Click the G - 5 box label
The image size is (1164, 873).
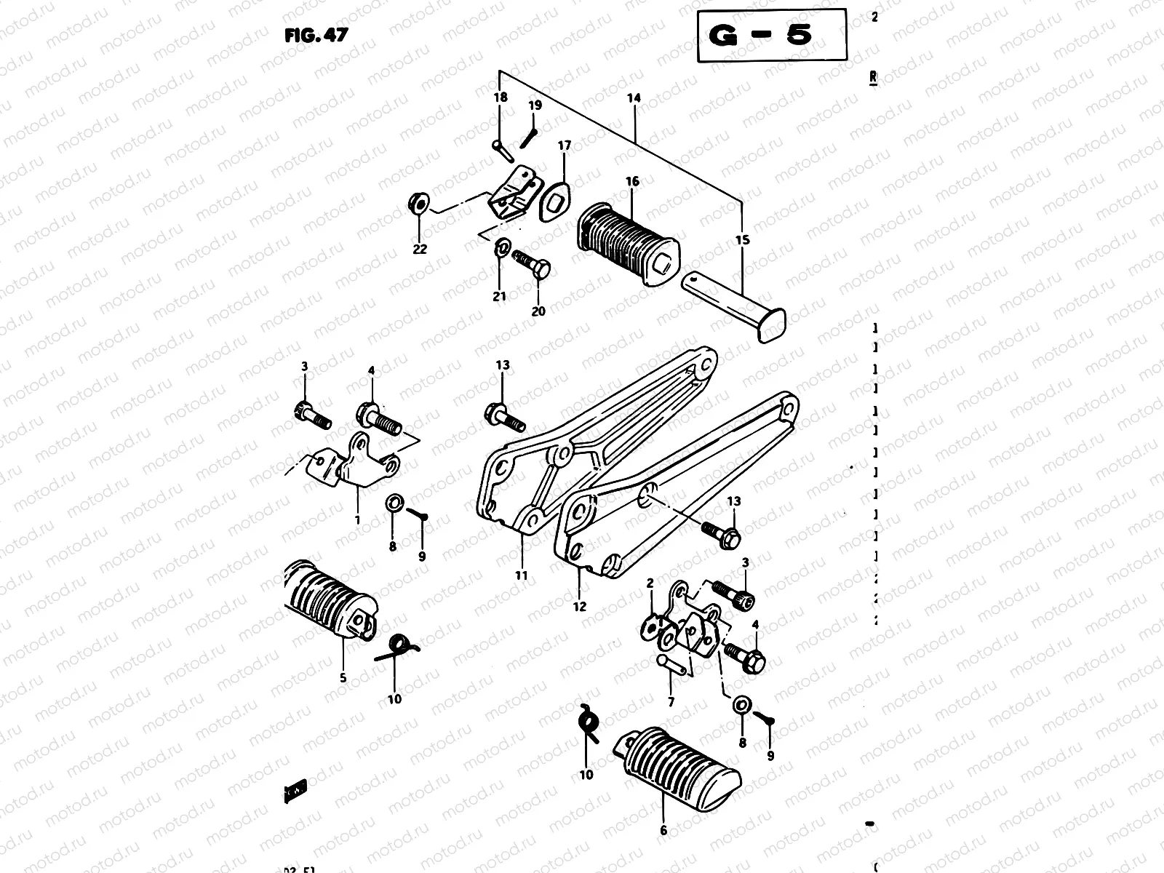tap(771, 35)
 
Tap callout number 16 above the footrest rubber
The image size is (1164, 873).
tap(632, 181)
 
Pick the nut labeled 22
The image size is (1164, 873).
tap(419, 200)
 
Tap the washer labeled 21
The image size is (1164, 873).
tap(501, 250)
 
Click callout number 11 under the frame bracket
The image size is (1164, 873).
tap(521, 575)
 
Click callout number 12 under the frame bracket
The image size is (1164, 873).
tap(579, 606)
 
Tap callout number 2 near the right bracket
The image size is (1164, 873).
tap(650, 583)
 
